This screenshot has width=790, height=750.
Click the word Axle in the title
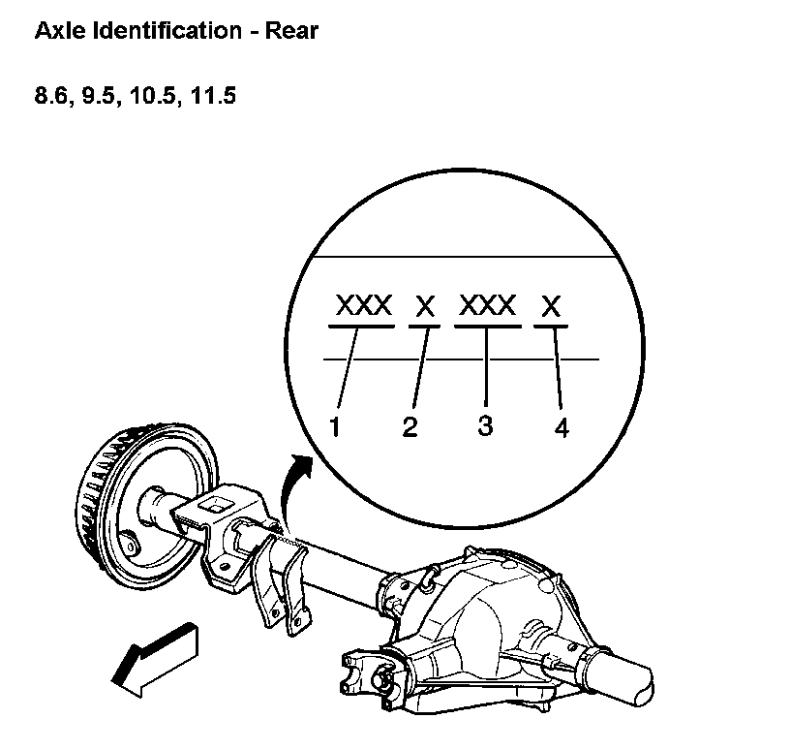click(x=57, y=31)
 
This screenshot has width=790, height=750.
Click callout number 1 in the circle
click(x=335, y=427)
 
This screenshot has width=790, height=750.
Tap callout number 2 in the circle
click(x=410, y=427)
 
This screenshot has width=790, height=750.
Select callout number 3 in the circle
click(x=485, y=425)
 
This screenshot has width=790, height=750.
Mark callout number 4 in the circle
click(x=562, y=427)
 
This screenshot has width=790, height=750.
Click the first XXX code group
click(x=363, y=306)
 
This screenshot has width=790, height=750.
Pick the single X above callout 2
click(x=425, y=307)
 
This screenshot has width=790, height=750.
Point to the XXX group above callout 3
click(x=488, y=306)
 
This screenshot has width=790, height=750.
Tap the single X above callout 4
click(x=551, y=307)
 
